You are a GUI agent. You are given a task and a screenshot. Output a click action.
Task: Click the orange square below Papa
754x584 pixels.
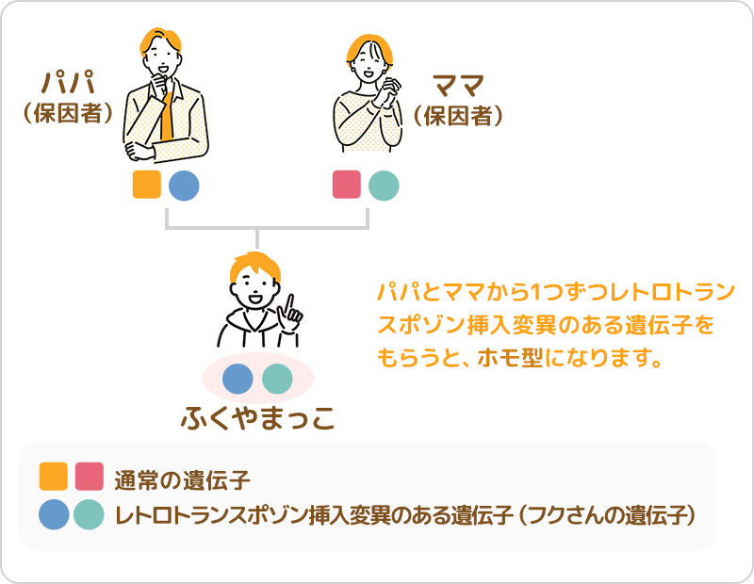click(x=147, y=185)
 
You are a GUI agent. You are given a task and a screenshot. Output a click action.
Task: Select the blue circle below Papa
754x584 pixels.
click(x=184, y=186)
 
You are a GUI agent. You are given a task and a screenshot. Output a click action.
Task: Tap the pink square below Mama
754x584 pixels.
click(x=347, y=185)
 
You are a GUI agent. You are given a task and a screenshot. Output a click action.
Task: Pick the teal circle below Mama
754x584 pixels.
click(x=384, y=186)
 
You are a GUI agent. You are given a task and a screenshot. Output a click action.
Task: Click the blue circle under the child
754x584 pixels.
click(x=238, y=379)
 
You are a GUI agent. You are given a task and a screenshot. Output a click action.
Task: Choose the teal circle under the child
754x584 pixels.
click(x=277, y=379)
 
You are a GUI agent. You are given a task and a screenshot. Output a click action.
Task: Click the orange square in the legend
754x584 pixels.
click(x=54, y=477)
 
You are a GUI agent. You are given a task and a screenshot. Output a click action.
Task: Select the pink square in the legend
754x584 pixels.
click(x=90, y=477)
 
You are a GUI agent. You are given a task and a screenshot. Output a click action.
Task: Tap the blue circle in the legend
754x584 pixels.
click(x=54, y=514)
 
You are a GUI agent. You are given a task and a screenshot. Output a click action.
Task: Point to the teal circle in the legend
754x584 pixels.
click(x=89, y=514)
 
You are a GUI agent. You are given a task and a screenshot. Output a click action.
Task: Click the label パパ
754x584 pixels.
click(x=68, y=83)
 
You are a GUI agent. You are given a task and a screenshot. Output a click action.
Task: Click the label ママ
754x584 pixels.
click(x=458, y=86)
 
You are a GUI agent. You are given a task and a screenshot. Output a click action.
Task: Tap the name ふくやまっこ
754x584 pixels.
click(x=257, y=417)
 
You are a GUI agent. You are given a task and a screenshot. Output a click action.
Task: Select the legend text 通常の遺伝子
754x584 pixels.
click(x=182, y=480)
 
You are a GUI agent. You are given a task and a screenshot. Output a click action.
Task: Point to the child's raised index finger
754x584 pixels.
click(x=290, y=305)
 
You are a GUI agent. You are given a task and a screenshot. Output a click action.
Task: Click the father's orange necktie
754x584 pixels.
click(x=167, y=115)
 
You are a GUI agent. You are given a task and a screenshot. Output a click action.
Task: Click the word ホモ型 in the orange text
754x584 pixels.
click(x=511, y=358)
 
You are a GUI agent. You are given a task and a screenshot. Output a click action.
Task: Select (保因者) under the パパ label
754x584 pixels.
click(x=68, y=114)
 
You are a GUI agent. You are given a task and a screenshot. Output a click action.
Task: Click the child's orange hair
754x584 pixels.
click(x=254, y=267)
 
